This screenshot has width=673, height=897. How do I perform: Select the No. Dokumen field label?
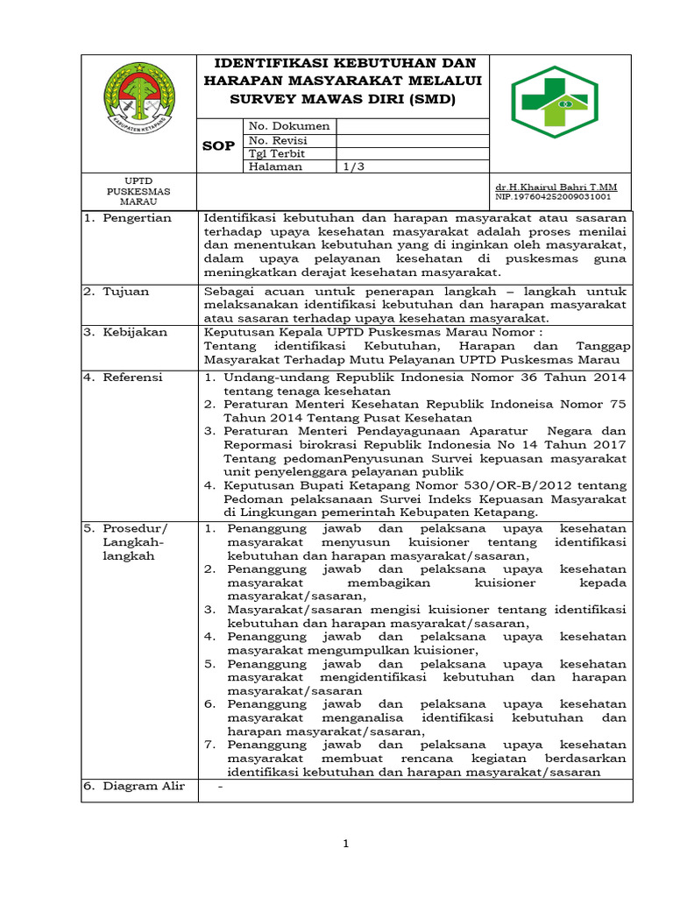point(289,126)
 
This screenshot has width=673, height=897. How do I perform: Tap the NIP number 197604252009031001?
point(553,198)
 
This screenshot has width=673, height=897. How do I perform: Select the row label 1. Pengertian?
point(128,218)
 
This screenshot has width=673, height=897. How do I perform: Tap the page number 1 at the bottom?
point(346,844)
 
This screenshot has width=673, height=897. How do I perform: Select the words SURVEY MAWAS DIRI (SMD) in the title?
point(343,100)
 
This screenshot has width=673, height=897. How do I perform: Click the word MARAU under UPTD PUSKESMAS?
point(138,201)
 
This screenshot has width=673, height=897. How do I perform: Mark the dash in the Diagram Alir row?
point(221,787)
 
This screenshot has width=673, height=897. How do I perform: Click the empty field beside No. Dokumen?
point(412,126)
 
